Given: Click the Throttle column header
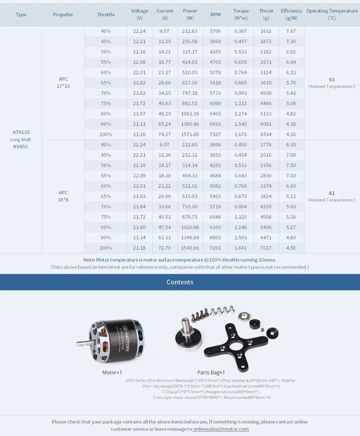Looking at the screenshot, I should (106, 14).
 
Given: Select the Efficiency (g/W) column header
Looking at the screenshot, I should (291, 14).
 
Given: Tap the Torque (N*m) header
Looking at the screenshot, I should (241, 14).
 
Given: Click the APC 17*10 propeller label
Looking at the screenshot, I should (63, 83).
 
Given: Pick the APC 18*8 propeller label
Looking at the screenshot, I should (63, 196).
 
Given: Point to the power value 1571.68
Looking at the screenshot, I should (190, 134).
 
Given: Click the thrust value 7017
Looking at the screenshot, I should (266, 248).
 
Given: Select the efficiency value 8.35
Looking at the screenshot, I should (291, 145).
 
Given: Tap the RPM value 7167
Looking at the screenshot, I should (215, 134).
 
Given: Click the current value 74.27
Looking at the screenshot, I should (165, 134).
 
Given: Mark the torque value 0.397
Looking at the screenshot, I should (240, 31).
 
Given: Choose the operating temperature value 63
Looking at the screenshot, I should (332, 79).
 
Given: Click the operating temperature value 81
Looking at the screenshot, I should (332, 193).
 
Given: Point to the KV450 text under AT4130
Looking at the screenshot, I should (20, 147).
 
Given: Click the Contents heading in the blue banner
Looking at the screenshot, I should (180, 282).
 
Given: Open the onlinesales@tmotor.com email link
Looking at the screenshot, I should (221, 429).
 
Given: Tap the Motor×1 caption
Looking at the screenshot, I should (112, 372).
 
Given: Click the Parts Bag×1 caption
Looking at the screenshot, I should (211, 372).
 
